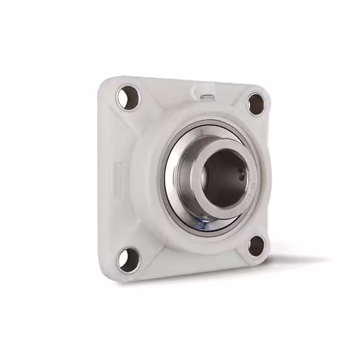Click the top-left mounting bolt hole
point(128,97)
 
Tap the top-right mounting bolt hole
point(256,104)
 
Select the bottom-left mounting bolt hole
point(128,260)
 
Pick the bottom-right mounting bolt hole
point(256,245)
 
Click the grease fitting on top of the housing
point(206,98)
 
